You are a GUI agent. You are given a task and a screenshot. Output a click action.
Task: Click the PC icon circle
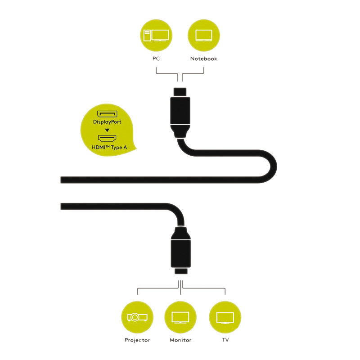point(156,36)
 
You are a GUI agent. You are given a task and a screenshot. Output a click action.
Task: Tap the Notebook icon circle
point(204,36)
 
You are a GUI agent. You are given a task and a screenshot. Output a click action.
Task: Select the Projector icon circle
point(137,317)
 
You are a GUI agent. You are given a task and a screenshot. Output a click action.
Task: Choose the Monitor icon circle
point(180,317)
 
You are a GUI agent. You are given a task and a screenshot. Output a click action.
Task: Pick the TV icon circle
point(225,317)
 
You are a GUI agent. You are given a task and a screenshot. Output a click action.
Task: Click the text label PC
point(156,58)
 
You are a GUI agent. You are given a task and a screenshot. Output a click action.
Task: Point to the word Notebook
point(204,58)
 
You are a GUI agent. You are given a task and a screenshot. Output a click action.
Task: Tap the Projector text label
point(137,340)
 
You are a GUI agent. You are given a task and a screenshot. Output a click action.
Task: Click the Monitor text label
point(180,340)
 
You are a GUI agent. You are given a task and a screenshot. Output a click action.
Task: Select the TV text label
point(225,340)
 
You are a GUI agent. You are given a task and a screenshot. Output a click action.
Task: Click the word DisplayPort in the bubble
point(107,122)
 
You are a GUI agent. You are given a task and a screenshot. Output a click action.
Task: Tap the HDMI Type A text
point(109,148)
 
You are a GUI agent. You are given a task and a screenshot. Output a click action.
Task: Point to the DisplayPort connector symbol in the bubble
point(107,114)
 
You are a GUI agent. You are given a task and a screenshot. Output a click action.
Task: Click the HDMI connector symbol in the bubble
point(107,138)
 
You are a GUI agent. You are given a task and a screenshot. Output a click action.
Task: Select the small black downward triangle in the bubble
point(107,130)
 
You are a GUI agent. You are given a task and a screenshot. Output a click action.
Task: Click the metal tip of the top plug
point(180,92)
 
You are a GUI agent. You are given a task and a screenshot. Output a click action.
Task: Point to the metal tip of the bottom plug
point(181,271)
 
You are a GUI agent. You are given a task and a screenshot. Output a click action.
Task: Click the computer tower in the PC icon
point(147,36)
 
